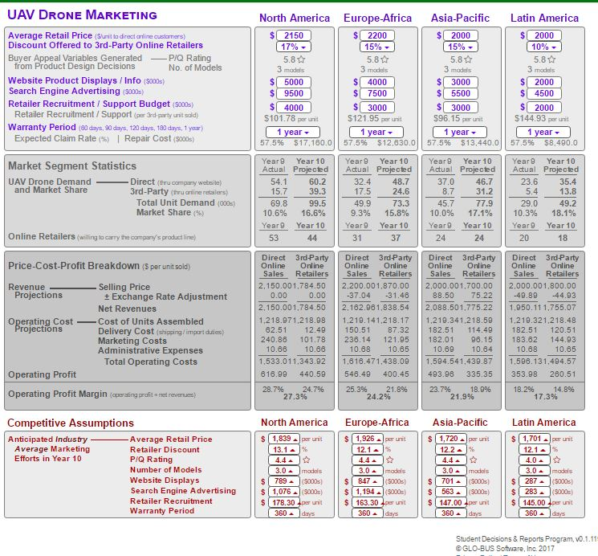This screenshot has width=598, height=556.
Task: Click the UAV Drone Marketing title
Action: click(x=82, y=15)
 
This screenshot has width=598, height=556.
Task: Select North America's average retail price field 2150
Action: click(x=295, y=35)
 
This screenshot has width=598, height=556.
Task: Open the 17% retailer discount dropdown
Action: click(x=295, y=47)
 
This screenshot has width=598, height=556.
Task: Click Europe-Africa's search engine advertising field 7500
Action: click(x=377, y=93)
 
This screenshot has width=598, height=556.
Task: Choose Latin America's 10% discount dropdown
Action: click(x=543, y=47)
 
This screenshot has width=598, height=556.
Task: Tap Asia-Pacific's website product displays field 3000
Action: click(x=461, y=82)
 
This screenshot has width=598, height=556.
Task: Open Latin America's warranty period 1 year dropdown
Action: click(x=543, y=132)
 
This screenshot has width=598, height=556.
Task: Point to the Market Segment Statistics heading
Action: click(x=72, y=166)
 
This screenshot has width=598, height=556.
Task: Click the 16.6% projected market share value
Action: click(x=313, y=213)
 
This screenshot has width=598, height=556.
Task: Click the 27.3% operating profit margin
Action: click(x=295, y=396)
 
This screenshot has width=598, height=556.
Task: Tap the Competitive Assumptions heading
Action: click(x=71, y=423)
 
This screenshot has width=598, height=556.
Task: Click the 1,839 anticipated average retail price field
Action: click(x=280, y=439)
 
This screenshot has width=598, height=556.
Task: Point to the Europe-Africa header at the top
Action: click(x=377, y=18)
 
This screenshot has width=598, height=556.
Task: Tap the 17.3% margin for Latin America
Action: click(x=545, y=396)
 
